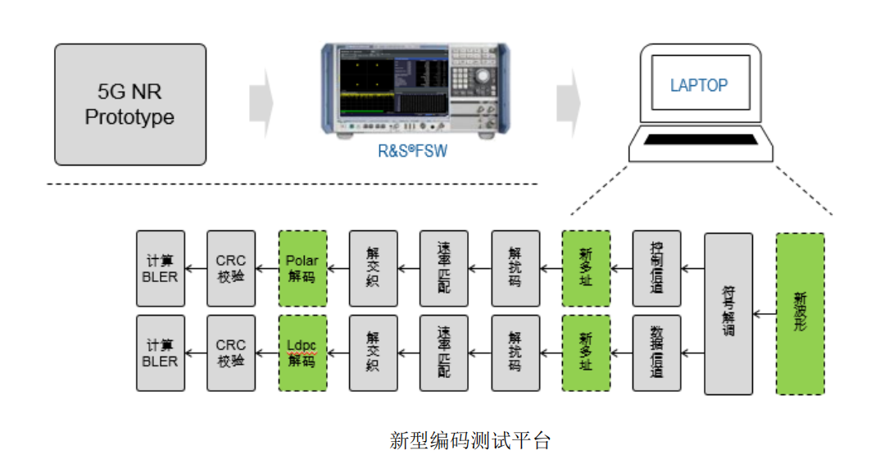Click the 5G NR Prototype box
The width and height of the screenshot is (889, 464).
pos(130,104)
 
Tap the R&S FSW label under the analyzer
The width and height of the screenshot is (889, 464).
pos(412,151)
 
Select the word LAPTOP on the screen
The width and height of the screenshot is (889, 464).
pos(699,85)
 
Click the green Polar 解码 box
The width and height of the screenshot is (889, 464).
pos(302,269)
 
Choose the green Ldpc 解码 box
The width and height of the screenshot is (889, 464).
pos(302,353)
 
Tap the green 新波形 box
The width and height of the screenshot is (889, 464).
pos(800,313)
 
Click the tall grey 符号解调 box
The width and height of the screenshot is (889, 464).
pos(728,313)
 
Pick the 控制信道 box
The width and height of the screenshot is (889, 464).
pos(656,269)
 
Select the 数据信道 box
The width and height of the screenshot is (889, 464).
pos(656,353)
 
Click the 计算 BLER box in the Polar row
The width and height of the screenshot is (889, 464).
pos(161,269)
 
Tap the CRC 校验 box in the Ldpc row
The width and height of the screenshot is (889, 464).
pos(231,353)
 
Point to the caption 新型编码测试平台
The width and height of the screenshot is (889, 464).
pos(470,441)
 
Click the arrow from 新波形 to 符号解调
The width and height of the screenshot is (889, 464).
pos(764,313)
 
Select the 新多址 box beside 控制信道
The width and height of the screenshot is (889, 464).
pos(586,269)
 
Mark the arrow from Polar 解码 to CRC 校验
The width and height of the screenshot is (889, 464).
pos(267,269)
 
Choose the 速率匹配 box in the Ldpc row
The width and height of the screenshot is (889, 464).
pos(443,353)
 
